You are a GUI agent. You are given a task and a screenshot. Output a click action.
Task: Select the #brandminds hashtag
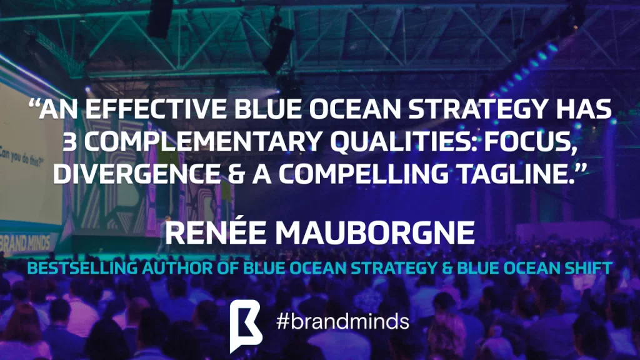click(x=342, y=322)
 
